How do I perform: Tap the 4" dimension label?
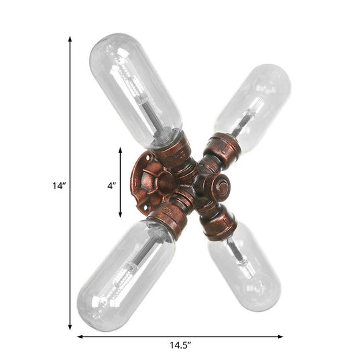(x=111, y=183)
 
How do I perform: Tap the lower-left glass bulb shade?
(x=124, y=274)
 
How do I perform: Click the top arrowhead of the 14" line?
(x=70, y=40)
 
